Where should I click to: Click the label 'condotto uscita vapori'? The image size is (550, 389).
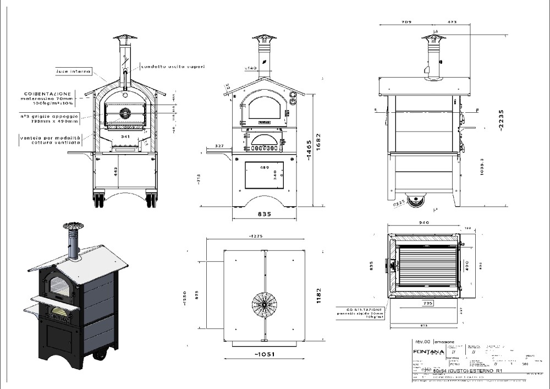pyautogui.click(x=173, y=67)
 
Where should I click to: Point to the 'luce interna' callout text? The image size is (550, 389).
pyautogui.click(x=68, y=71)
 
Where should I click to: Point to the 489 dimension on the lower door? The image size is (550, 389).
pyautogui.click(x=265, y=167)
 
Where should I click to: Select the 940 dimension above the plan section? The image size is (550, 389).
pyautogui.click(x=424, y=223)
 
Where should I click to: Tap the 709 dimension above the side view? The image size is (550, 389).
pyautogui.click(x=406, y=23)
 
